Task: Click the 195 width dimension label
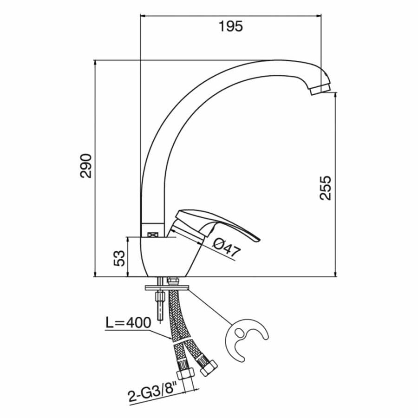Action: pos(231,26)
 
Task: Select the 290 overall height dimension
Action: pos(86,165)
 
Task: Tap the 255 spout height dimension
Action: pos(325,188)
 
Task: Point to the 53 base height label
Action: pos(119,258)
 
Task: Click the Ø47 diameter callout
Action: pos(227,248)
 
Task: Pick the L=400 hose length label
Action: pos(129,323)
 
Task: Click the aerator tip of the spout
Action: pos(320,89)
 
